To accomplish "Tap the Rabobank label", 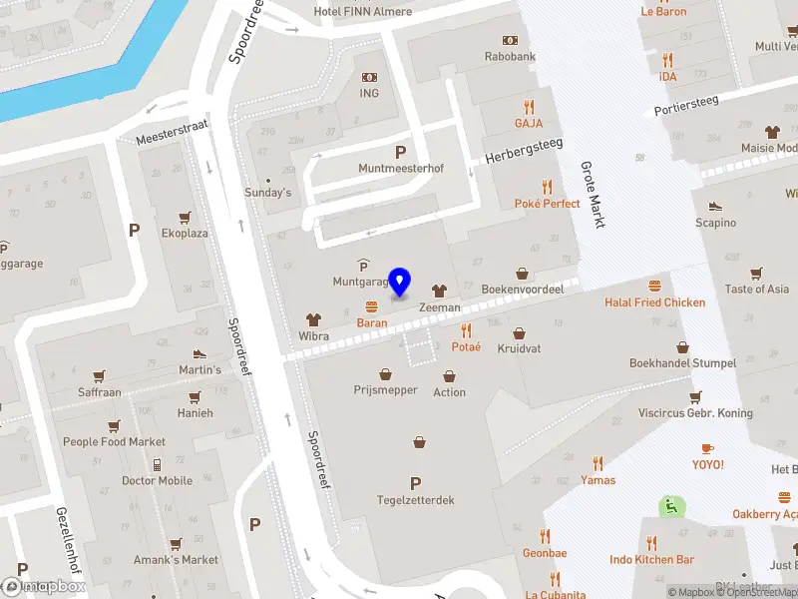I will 510,57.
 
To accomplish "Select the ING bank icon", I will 370,77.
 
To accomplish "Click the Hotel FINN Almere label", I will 362,11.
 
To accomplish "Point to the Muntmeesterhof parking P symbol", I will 401,152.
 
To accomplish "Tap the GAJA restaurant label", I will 529,124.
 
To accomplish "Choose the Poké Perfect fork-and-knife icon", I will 547,186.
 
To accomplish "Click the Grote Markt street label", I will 593,196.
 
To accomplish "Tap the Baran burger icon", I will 372,306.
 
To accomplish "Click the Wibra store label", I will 314,336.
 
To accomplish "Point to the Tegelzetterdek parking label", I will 415,500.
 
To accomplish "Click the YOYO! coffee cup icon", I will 707,448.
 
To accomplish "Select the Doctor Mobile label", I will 157,480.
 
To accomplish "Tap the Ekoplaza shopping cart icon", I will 185,217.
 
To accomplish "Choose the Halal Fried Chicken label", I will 654,302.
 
